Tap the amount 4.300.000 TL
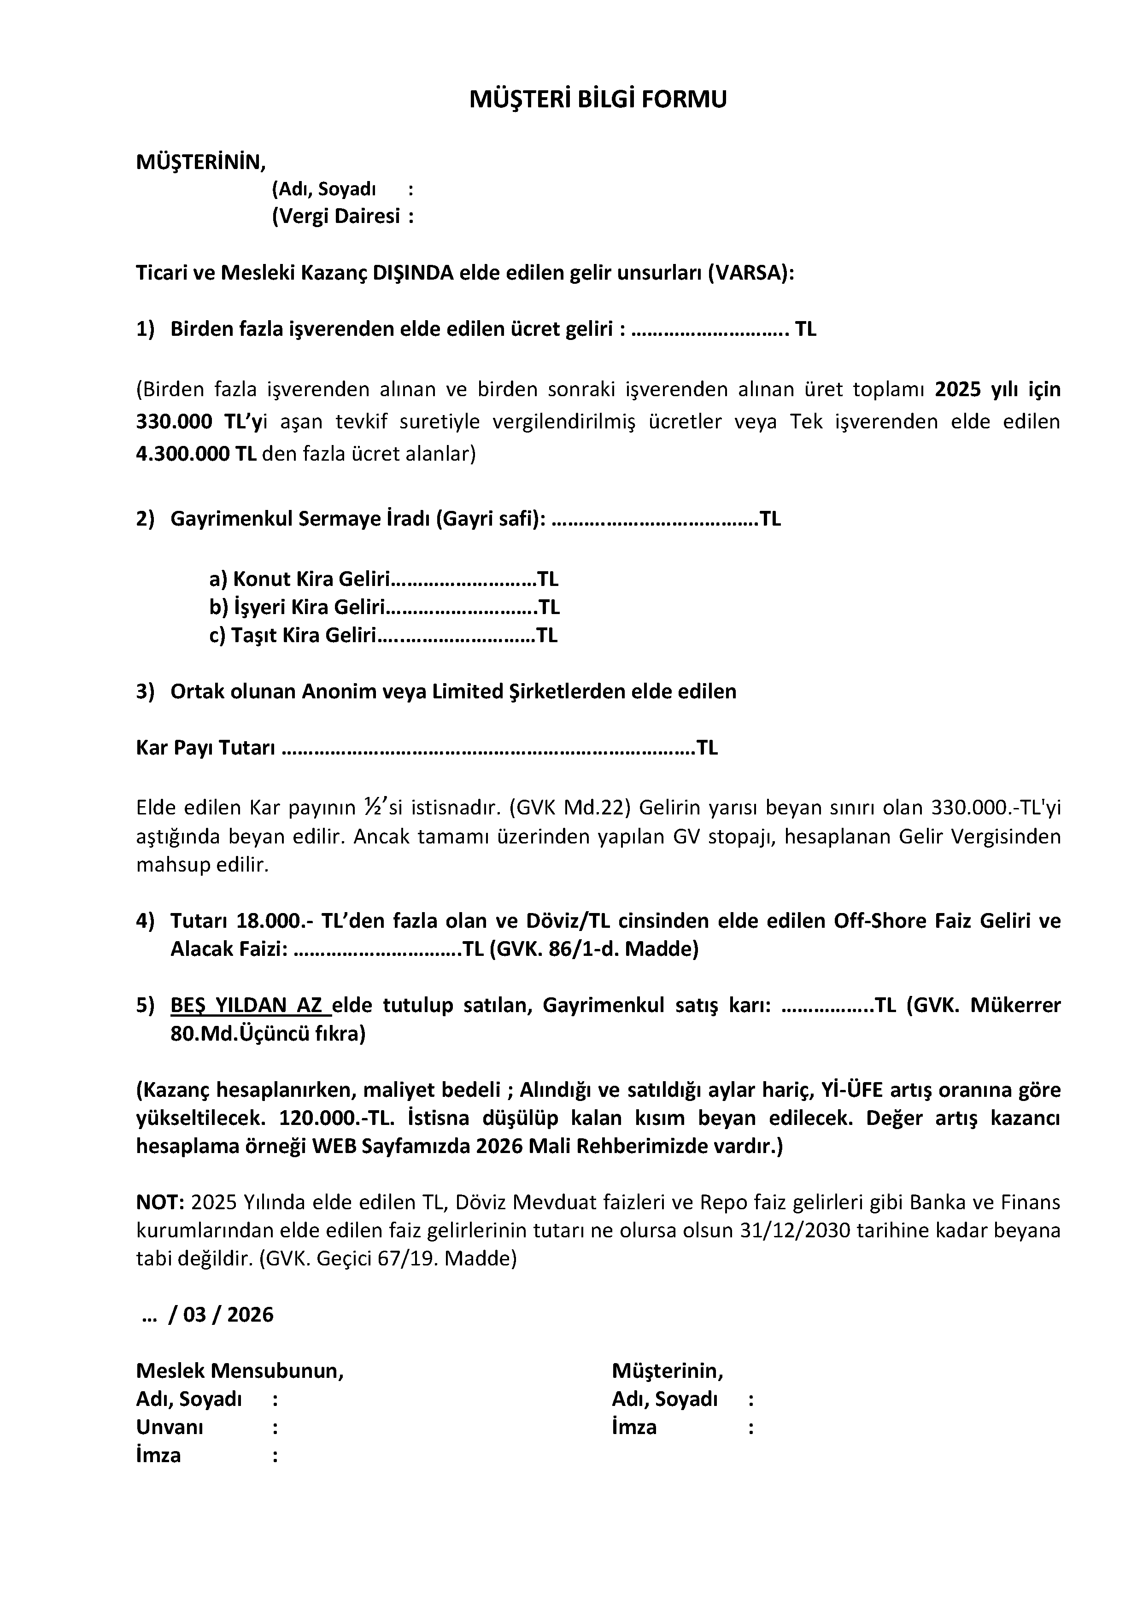196,454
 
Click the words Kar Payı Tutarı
205,748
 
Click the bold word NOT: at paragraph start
160,1202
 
